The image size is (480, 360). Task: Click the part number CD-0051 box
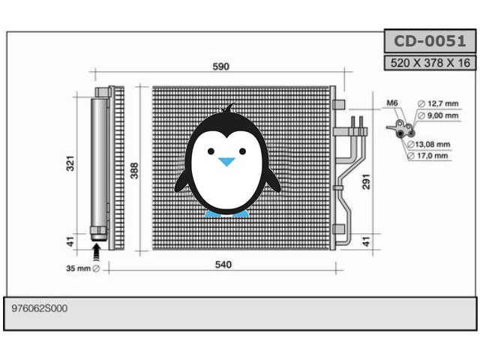coord(430,40)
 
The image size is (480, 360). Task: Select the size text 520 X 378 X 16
coord(430,63)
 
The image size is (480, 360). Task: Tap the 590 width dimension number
coord(220,67)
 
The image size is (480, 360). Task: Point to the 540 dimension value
coord(223,265)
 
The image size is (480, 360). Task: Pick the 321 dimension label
coord(70,164)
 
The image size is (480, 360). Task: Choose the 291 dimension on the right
coord(367,182)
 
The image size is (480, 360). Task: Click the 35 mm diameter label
coord(82,268)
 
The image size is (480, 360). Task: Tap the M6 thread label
coord(392,103)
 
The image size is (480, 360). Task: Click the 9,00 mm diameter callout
coord(437,115)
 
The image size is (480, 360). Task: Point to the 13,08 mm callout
coord(433,144)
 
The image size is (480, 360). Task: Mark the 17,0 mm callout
coord(433,156)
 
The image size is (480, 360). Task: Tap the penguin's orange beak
coord(226,161)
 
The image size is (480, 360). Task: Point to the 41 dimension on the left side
coord(70,241)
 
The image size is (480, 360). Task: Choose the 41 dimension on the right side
coord(367,241)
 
